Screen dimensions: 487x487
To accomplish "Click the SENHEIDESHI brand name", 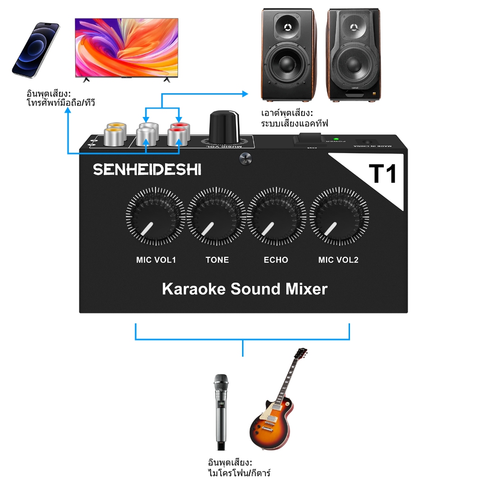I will pyautogui.click(x=146, y=169).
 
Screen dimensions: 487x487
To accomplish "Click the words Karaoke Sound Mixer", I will pyautogui.click(x=244, y=289).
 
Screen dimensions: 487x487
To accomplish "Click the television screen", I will pyautogui.click(x=127, y=46).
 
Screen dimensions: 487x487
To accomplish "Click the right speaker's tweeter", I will pyautogui.click(x=353, y=27).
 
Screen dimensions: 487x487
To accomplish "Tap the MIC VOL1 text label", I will pyautogui.click(x=156, y=260).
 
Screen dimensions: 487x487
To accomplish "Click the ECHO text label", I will pyautogui.click(x=276, y=260).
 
